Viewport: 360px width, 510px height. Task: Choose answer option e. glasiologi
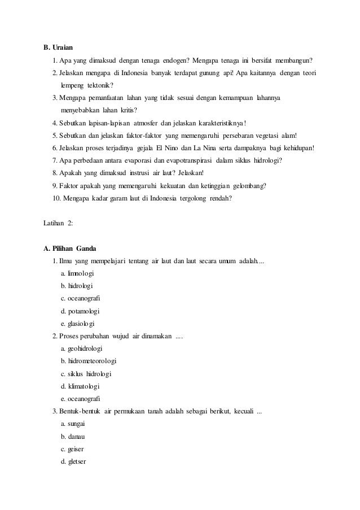coord(77,324)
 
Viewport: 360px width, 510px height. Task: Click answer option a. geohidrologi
coord(82,349)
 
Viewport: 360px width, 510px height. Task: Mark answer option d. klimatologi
coord(80,386)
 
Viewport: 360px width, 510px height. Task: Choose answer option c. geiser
coord(72,449)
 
